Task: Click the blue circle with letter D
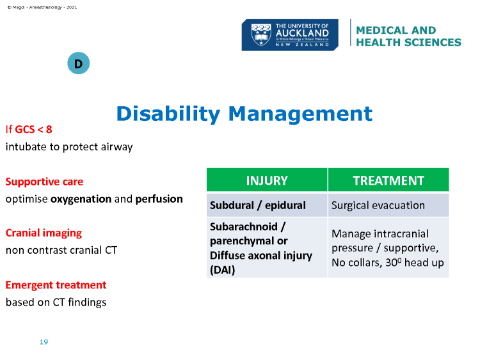coord(78,63)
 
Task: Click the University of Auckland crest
coord(261,35)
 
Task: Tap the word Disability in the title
coord(168,114)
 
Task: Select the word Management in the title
coord(300,114)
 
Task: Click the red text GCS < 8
coord(33,129)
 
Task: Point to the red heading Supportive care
coord(44,182)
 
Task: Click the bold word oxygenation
coord(81,199)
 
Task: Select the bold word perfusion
coord(159,199)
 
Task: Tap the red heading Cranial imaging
coord(44,233)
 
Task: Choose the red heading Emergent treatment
coord(56,285)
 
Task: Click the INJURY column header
coord(267,180)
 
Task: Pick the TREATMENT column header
coord(388,180)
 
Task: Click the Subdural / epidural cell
coord(267,205)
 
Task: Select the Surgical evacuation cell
coord(388,205)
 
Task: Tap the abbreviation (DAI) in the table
coord(223,270)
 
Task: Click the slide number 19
coord(44,342)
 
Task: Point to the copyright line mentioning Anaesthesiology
coord(42,7)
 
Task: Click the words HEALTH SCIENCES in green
coord(408,42)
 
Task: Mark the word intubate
coord(26,147)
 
